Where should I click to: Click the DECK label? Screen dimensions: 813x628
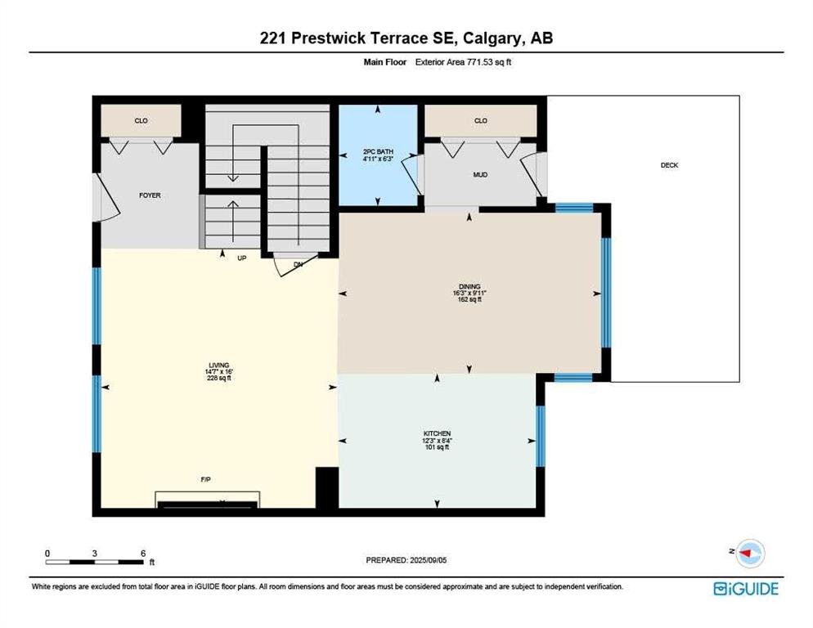point(669,165)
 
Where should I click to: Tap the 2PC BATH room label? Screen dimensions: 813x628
point(378,152)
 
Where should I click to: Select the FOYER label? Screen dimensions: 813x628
point(150,195)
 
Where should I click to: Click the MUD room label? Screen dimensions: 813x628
point(480,175)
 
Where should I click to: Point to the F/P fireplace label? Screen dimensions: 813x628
point(206,480)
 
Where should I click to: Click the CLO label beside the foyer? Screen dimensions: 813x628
point(141,121)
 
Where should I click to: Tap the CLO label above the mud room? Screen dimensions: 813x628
point(481,121)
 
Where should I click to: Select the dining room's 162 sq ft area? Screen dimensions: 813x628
point(469,299)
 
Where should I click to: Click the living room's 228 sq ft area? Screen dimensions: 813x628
point(219,378)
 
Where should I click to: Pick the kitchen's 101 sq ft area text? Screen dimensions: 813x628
point(437,447)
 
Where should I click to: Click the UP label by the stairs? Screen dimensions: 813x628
point(241,258)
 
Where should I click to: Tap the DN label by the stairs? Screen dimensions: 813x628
point(299,264)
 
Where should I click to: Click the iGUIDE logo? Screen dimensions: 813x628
point(746,589)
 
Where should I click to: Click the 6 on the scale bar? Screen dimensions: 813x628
point(143,554)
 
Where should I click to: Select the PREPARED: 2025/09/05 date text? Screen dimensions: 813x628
point(406,560)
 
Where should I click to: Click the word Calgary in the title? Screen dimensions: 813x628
point(492,38)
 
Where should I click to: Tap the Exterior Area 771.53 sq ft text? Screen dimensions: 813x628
point(463,62)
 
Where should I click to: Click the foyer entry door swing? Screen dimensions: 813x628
point(107,197)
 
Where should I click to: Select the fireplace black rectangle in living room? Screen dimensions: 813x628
point(208,504)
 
